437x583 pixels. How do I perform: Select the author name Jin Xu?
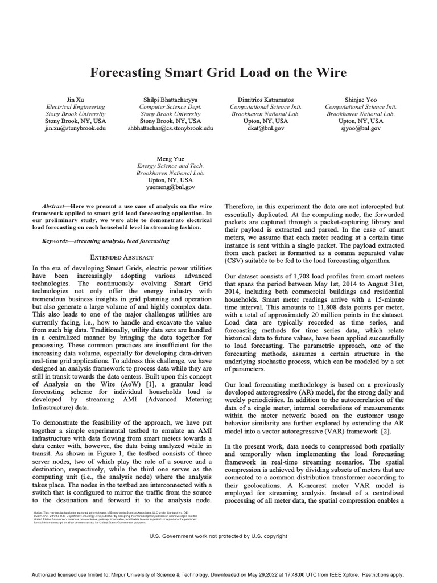[x=75, y=99]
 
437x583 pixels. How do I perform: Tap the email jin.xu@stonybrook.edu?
[x=75, y=129]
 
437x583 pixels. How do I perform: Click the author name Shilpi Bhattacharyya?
[x=170, y=99]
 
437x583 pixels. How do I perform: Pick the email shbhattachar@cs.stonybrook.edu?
[x=170, y=129]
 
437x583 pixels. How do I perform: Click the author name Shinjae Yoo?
[x=361, y=99]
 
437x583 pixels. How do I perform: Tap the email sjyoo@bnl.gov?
[x=361, y=129]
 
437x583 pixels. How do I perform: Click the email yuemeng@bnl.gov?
[x=170, y=187]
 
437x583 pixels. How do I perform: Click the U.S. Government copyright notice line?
[x=218, y=536]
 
